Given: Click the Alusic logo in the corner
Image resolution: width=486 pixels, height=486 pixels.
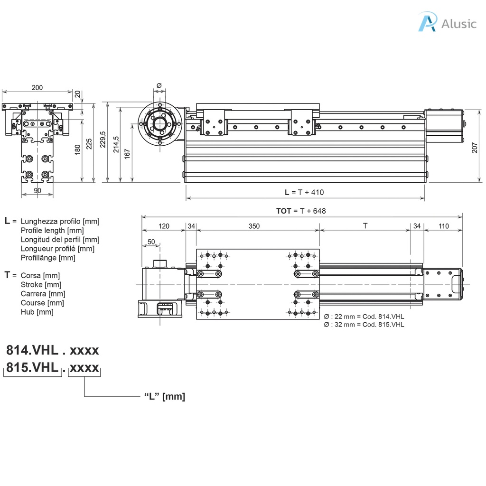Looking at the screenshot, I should [447, 23].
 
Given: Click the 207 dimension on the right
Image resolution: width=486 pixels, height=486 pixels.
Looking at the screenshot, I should [475, 149].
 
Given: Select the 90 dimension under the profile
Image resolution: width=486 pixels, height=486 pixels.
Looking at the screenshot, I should [37, 190].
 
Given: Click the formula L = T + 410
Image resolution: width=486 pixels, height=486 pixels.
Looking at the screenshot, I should [304, 192].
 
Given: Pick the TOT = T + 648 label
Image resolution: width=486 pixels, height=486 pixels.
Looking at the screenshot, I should [301, 211].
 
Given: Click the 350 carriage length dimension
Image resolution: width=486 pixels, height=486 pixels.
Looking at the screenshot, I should [254, 226].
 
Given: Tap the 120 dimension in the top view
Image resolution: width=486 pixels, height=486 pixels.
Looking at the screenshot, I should [163, 226].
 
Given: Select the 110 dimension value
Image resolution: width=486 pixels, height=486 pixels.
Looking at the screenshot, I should [443, 226].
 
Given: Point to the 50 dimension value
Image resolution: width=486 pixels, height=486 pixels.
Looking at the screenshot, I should [151, 242].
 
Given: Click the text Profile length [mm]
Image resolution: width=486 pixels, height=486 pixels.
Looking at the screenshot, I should [52, 231].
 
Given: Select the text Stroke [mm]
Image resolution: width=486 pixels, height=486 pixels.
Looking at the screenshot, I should [41, 285].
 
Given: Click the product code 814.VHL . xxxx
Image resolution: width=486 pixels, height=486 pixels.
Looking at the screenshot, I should [52, 350].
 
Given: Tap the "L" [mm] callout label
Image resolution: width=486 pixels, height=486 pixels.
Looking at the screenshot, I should [164, 397].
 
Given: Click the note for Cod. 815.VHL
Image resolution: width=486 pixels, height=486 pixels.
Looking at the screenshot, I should [364, 325].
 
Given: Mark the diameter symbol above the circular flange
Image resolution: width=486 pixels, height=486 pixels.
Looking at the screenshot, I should [159, 85].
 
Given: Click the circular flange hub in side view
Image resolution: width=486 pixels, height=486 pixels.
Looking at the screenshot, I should [159, 123].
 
